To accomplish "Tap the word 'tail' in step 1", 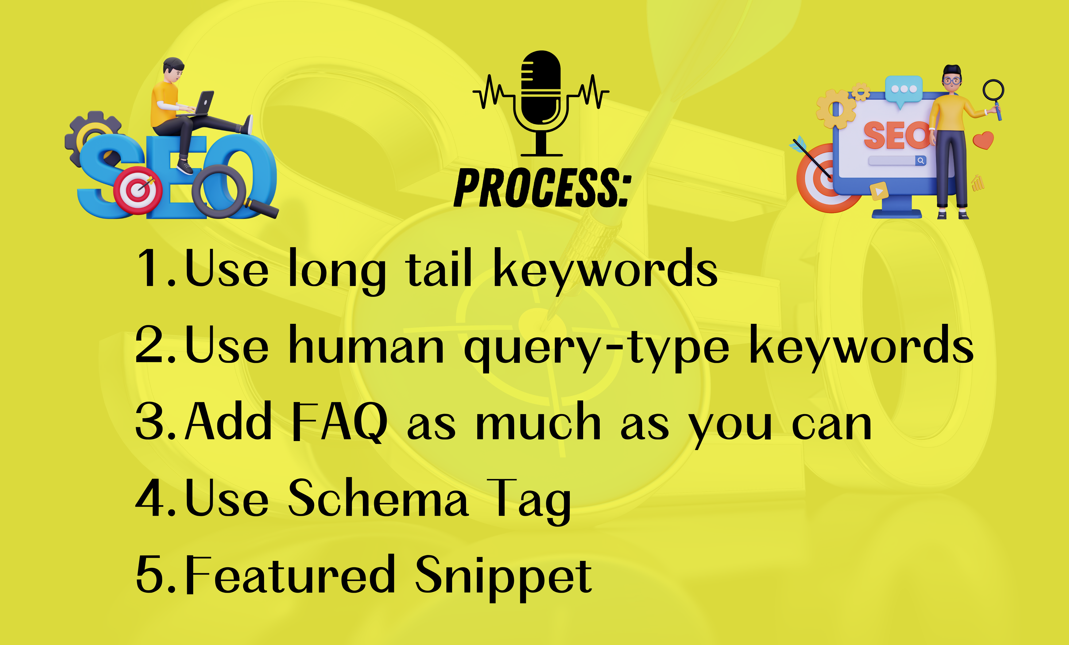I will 438,269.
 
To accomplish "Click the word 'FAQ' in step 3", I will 339,421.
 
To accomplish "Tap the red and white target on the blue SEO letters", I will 138,190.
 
